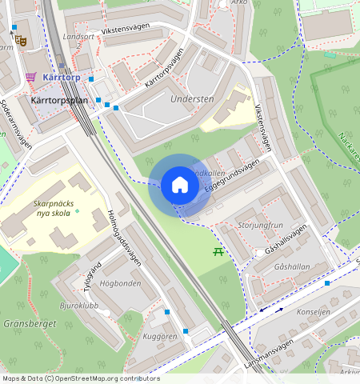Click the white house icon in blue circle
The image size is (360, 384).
tap(180, 185)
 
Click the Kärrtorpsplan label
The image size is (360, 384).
tap(58, 102)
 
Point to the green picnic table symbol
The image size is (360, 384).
tap(218, 252)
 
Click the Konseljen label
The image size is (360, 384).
tap(313, 313)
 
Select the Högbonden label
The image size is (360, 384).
tap(120, 283)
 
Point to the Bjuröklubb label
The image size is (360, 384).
tap(78, 306)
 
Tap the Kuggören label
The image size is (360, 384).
tap(159, 337)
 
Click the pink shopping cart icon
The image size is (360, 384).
tap(30, 78)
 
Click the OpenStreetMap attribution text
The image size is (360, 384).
tap(80, 378)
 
